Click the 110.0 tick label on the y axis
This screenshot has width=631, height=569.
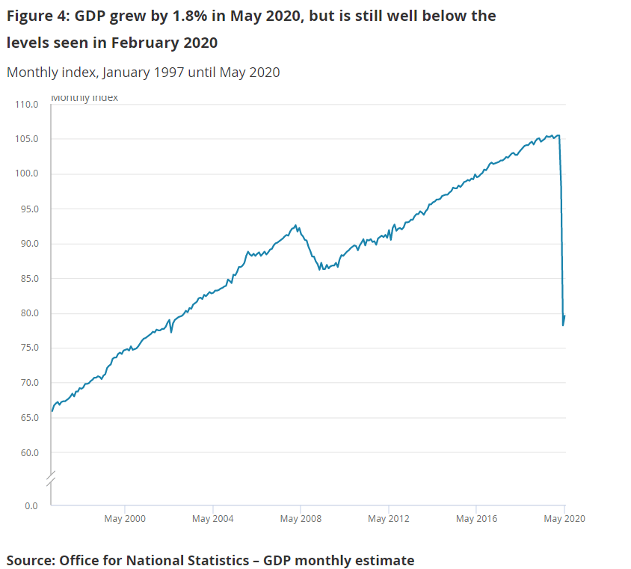coord(26,105)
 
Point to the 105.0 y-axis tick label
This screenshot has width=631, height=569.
coord(26,139)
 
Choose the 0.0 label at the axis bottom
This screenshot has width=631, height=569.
coord(31,506)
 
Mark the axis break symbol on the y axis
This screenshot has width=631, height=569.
coord(51,479)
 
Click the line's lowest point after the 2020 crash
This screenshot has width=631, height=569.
coord(562,325)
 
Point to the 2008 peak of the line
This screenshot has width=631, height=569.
coord(296,225)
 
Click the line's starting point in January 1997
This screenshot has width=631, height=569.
coord(52,410)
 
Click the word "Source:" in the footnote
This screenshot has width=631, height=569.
coord(31,560)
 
